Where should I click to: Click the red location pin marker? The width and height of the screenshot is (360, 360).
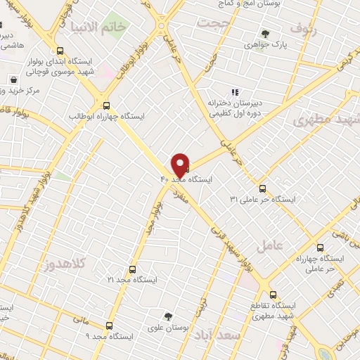tap(180, 165)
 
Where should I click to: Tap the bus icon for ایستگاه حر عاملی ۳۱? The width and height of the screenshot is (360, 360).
tap(262, 188)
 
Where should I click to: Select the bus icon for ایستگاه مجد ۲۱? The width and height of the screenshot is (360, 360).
tap(132, 269)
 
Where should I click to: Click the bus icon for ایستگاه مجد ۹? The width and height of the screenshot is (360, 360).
tap(109, 326)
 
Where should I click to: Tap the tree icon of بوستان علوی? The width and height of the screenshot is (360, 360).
tap(167, 316)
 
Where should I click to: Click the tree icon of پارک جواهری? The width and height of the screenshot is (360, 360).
tap(265, 33)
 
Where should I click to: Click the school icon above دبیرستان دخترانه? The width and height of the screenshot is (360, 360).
tap(235, 92)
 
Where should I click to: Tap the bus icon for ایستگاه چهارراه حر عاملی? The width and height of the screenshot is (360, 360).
tap(321, 247)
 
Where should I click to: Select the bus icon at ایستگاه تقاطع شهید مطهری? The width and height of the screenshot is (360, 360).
tap(274, 295)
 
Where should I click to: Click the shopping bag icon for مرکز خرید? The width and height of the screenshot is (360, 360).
tap(13, 79)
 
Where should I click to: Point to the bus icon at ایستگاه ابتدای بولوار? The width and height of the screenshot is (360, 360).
tap(60, 51)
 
